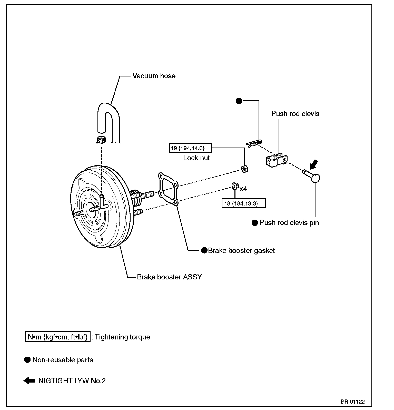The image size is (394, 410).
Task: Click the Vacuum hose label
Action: click(154, 76)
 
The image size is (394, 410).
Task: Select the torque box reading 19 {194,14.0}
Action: click(190, 148)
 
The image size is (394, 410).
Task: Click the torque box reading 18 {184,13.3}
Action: click(243, 203)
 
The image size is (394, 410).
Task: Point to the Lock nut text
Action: click(196, 158)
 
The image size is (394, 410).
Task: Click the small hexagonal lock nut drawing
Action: click(244, 169)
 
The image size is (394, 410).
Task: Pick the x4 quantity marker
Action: click(243, 189)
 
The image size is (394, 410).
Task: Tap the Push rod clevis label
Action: click(295, 114)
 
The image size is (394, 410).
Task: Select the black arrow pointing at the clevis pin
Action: click(314, 164)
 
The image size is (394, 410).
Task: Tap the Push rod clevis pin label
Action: click(289, 222)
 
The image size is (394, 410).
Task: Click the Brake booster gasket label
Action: click(241, 250)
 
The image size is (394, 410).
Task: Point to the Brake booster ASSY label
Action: click(169, 277)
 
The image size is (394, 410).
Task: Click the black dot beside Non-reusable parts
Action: click(27, 360)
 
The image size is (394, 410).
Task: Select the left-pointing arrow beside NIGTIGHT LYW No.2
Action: click(29, 380)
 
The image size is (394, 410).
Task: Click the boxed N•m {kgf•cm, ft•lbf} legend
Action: click(58, 337)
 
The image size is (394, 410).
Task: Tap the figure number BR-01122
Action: click(353, 402)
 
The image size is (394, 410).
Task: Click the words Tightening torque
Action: click(122, 337)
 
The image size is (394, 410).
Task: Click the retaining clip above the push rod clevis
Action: click(254, 143)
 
